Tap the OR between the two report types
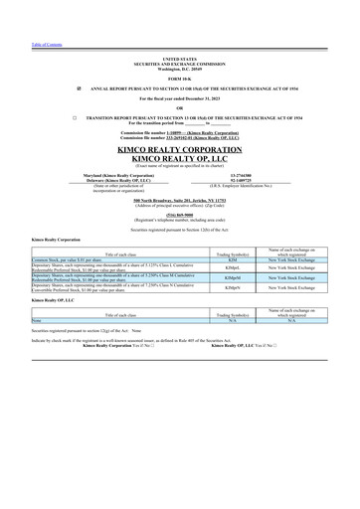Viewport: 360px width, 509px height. pos(179,107)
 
